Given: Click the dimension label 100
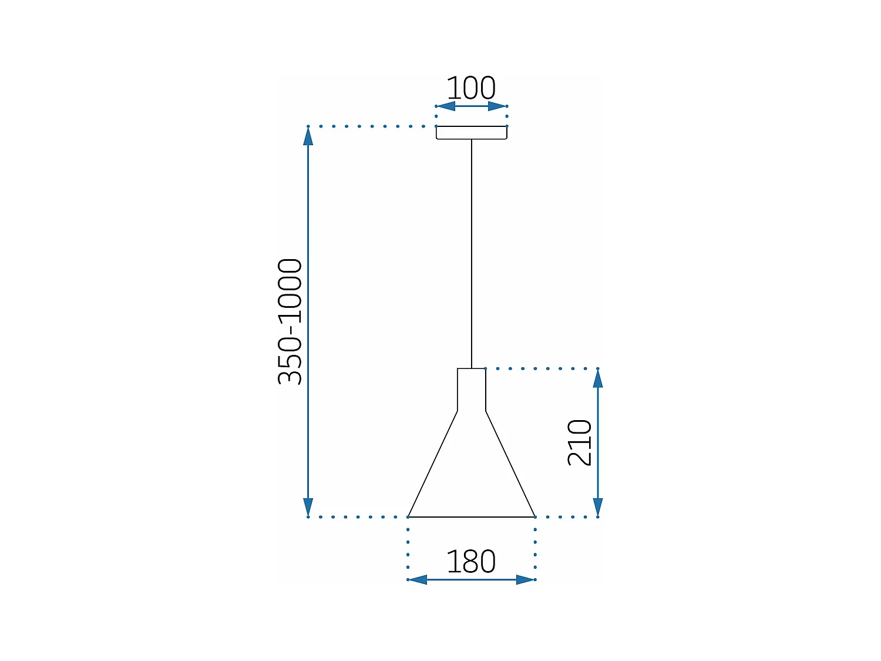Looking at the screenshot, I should point(471,88).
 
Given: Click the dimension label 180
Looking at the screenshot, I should point(471,562).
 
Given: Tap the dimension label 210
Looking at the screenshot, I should point(580,442).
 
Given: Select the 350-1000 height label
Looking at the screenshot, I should point(290,321).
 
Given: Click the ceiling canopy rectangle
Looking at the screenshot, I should point(471,133).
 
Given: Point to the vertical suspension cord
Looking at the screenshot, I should point(471,253).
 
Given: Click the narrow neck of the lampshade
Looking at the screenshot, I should point(471,390).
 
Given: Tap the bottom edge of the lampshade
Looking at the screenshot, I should point(471,517).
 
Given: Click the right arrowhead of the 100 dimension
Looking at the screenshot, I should point(498,106).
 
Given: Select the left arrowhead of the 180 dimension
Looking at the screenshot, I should point(418,580).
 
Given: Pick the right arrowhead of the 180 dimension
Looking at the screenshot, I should point(526,580).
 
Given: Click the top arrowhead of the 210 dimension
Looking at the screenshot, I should point(598,378).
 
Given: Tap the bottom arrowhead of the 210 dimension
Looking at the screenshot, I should point(598,507).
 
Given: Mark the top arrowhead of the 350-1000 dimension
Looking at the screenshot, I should point(308,136).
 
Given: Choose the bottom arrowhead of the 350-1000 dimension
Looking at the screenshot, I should point(308,507).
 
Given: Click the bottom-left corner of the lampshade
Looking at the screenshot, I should point(409,517).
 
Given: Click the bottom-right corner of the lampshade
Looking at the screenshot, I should point(534,517).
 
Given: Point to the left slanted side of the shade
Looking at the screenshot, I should point(433,464).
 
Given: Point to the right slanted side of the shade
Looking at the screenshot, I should point(510,464).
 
